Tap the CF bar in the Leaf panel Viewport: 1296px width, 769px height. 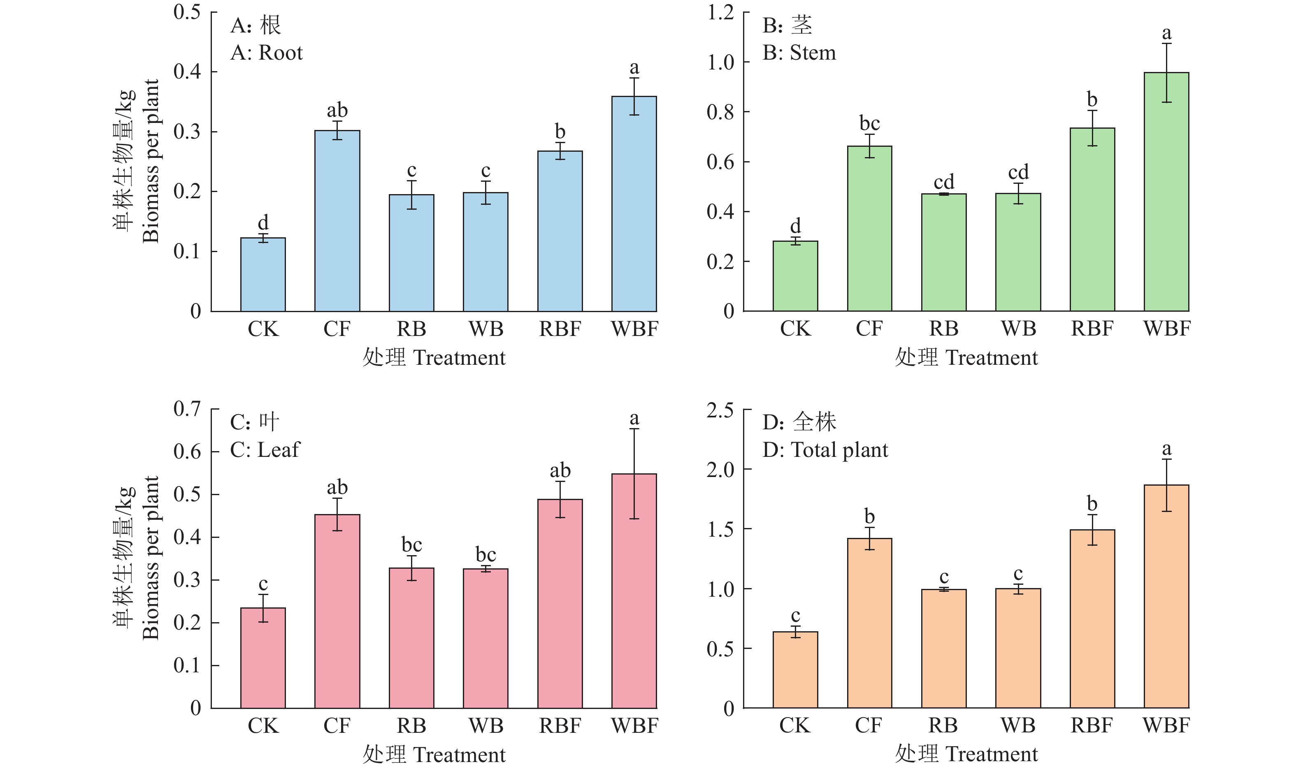coord(337,611)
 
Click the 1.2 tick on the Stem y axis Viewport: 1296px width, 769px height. coord(720,12)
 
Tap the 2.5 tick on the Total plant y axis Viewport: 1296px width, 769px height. coord(720,410)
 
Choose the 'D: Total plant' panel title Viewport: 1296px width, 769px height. coord(825,450)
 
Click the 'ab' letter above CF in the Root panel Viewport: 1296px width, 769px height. coord(337,110)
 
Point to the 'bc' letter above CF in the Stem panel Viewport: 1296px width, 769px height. coord(869,123)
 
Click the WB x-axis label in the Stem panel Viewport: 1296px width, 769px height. coord(1018,329)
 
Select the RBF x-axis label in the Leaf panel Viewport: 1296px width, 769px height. coord(560,725)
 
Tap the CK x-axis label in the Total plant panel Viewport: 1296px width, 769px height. coord(795,725)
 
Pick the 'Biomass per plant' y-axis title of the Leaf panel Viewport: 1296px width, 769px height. coord(150,558)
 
